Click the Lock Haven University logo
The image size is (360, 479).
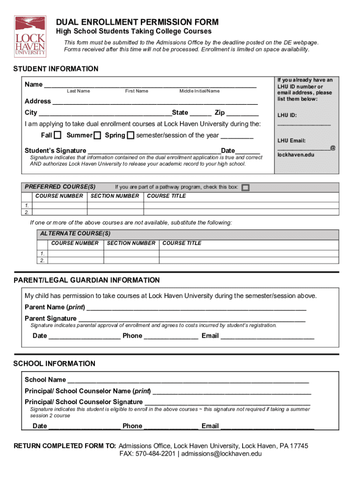click(x=30, y=36)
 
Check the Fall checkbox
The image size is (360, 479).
click(x=58, y=136)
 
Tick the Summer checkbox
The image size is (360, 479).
click(x=97, y=136)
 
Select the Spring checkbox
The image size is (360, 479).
click(x=130, y=136)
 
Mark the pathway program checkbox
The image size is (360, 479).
click(x=245, y=188)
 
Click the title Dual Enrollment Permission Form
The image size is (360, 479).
click(x=137, y=22)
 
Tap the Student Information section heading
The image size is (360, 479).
click(x=56, y=69)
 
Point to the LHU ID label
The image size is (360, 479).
click(x=287, y=116)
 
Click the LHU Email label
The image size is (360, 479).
click(x=291, y=141)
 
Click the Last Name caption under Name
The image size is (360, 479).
click(x=78, y=91)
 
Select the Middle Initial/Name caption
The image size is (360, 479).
click(x=199, y=91)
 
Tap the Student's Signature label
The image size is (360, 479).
click(x=55, y=151)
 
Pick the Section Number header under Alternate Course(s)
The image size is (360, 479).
click(x=131, y=243)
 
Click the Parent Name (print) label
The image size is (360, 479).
click(x=55, y=307)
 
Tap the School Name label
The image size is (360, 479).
click(x=45, y=380)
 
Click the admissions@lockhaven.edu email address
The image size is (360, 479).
click(x=221, y=454)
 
